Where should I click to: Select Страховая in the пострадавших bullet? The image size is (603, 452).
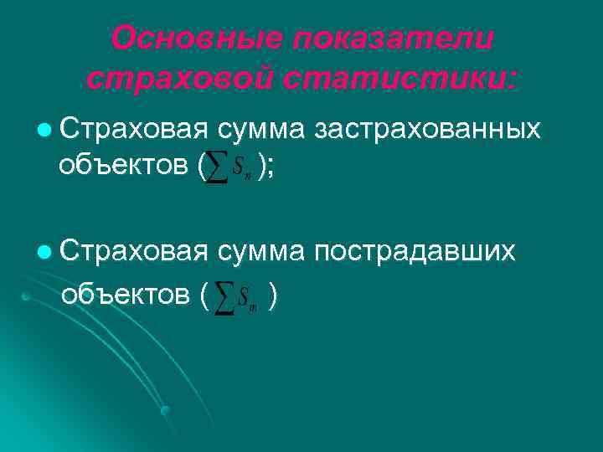point(133,251)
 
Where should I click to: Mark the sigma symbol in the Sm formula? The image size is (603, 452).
point(224,296)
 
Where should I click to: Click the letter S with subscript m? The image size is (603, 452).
point(245,296)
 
